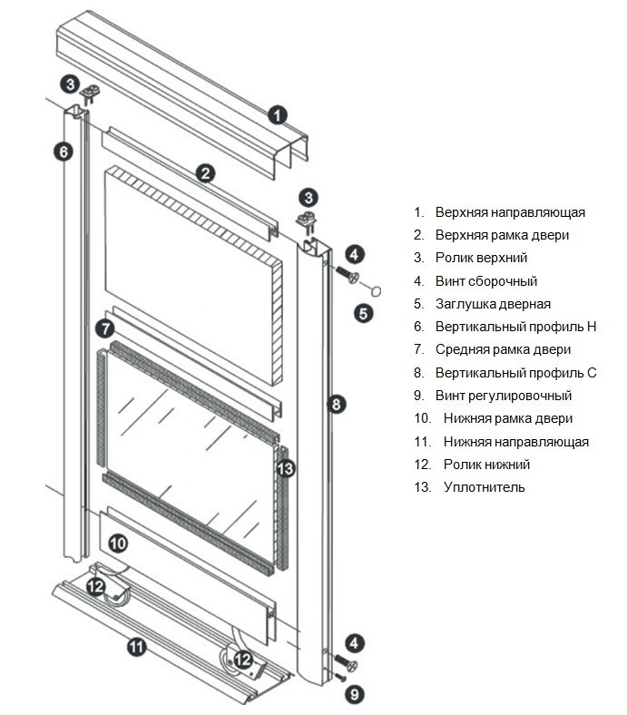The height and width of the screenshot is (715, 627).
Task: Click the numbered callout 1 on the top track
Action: [x=278, y=115]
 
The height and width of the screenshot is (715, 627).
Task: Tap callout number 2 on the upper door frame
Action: [x=207, y=172]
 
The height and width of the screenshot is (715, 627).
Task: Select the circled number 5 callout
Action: [x=363, y=314]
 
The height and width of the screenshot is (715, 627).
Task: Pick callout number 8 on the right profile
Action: [x=337, y=405]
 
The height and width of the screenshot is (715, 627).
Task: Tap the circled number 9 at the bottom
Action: [x=355, y=695]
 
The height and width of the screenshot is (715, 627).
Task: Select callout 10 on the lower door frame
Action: [x=118, y=544]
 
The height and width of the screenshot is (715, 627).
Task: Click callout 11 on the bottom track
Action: [x=136, y=647]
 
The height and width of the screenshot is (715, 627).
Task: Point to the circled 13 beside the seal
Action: [x=285, y=468]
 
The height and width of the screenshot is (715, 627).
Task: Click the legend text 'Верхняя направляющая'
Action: [x=510, y=212]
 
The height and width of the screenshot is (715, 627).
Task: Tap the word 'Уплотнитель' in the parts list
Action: [x=485, y=487]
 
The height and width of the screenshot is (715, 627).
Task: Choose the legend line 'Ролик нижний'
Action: [x=487, y=465]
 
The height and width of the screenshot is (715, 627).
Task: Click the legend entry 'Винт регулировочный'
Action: [x=504, y=396]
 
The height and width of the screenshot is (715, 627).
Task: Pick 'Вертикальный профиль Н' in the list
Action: [x=515, y=327]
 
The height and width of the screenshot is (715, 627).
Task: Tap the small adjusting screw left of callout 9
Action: [x=339, y=677]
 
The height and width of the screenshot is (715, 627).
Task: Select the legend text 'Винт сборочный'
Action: [x=486, y=281]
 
